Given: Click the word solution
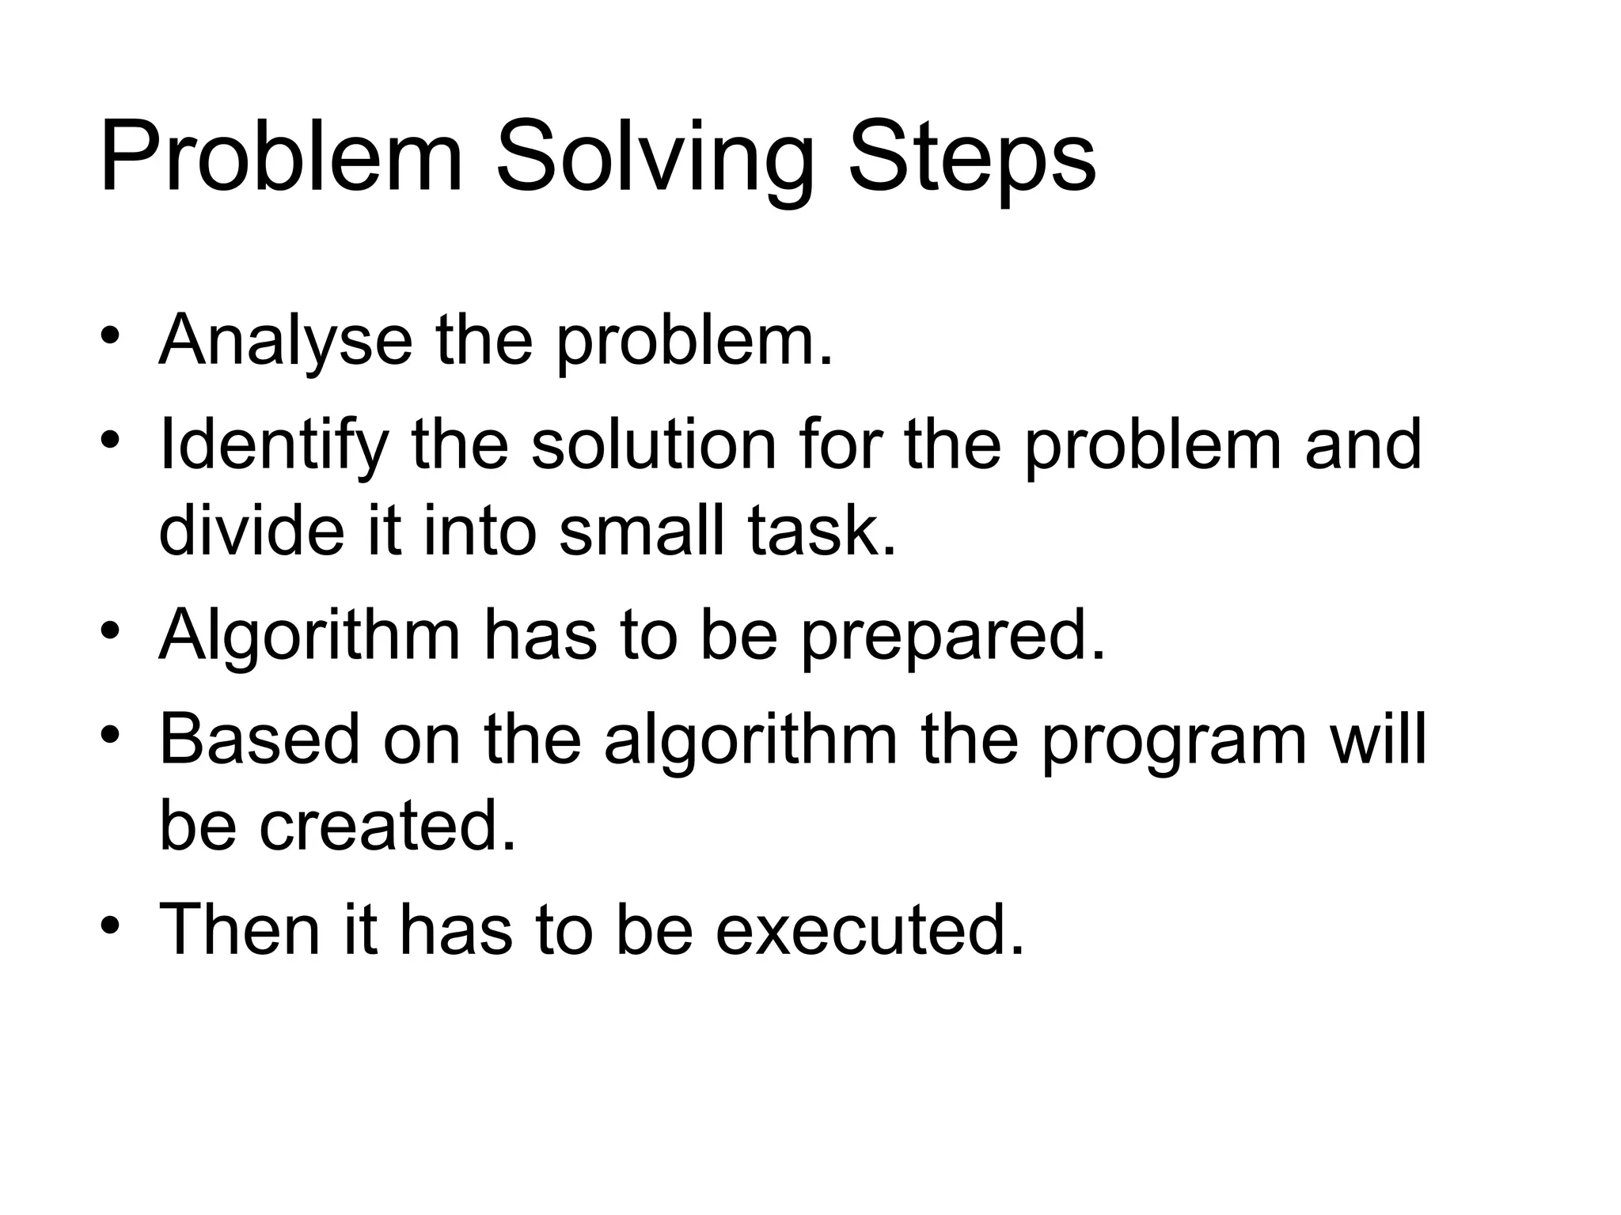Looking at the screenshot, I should (x=654, y=445).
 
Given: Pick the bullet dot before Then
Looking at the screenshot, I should (x=110, y=922).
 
